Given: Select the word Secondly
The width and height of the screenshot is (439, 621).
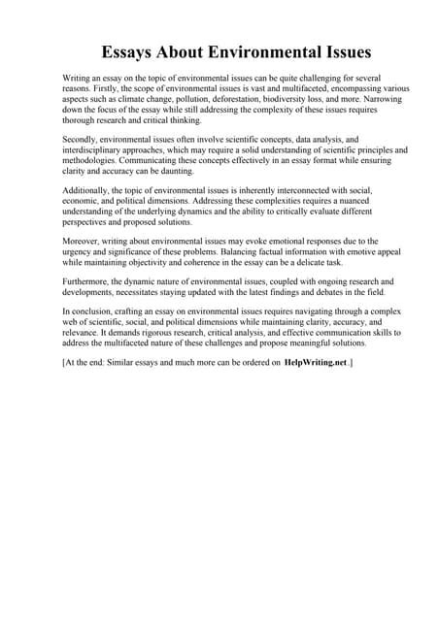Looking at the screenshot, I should tap(81, 140).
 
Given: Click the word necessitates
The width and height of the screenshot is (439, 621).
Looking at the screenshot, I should tap(141, 291).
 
